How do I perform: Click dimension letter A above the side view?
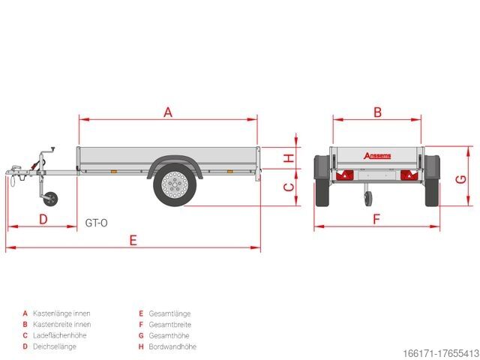coord(168,112)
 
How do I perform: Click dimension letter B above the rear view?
coord(378,112)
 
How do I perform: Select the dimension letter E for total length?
coord(133,240)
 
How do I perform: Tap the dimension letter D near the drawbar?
coord(43,219)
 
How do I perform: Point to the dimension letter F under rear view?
coord(377,219)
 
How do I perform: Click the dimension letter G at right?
coord(462,179)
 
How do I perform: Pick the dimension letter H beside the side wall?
coord(287,158)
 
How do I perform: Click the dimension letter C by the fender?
coord(287,188)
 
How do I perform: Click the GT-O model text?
coord(96,222)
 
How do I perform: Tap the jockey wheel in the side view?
coord(50,199)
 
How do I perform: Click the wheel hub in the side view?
coord(174,184)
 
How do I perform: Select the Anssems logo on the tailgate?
coord(377,156)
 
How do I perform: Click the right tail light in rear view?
coord(408,175)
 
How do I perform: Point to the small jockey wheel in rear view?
coord(367,198)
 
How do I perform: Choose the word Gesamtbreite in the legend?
coord(170,325)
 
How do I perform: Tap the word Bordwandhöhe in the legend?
coord(173,346)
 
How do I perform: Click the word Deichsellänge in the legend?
coord(55,346)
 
